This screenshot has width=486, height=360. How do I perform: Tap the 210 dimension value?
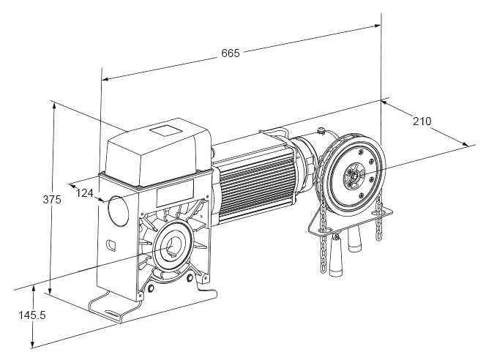tap(422, 121)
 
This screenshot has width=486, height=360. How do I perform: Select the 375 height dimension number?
tap(51, 200)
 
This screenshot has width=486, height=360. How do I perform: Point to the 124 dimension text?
tap(86, 192)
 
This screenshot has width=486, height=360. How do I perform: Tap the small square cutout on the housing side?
tap(111, 244)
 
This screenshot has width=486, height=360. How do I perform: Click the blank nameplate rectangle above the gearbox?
tap(176, 196)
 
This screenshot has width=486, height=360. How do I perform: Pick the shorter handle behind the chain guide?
tap(358, 237)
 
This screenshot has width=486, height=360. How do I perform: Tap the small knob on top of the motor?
tap(321, 131)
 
